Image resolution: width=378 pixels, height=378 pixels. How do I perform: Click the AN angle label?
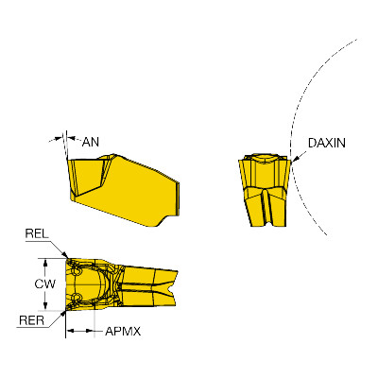coord(91,142)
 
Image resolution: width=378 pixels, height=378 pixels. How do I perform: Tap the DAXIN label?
coord(326,143)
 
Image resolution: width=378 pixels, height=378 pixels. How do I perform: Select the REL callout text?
coord(37,233)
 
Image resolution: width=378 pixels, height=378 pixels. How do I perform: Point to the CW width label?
coord(44,283)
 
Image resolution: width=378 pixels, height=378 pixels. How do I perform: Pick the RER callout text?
coord(31,320)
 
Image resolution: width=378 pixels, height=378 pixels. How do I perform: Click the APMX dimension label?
coord(123,331)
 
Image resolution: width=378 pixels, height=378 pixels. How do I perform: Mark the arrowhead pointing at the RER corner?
coord(63,314)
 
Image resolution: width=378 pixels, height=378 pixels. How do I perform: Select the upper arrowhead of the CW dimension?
coord(45,262)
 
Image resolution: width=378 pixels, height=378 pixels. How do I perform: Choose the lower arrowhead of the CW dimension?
coord(45,305)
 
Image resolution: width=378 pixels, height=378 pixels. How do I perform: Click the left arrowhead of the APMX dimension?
coord(70,331)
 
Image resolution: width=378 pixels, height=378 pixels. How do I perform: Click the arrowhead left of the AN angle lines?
coord(59,138)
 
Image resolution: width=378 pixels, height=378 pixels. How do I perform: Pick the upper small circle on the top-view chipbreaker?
coord(76,271)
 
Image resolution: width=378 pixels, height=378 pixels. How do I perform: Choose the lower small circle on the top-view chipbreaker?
coord(76,297)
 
